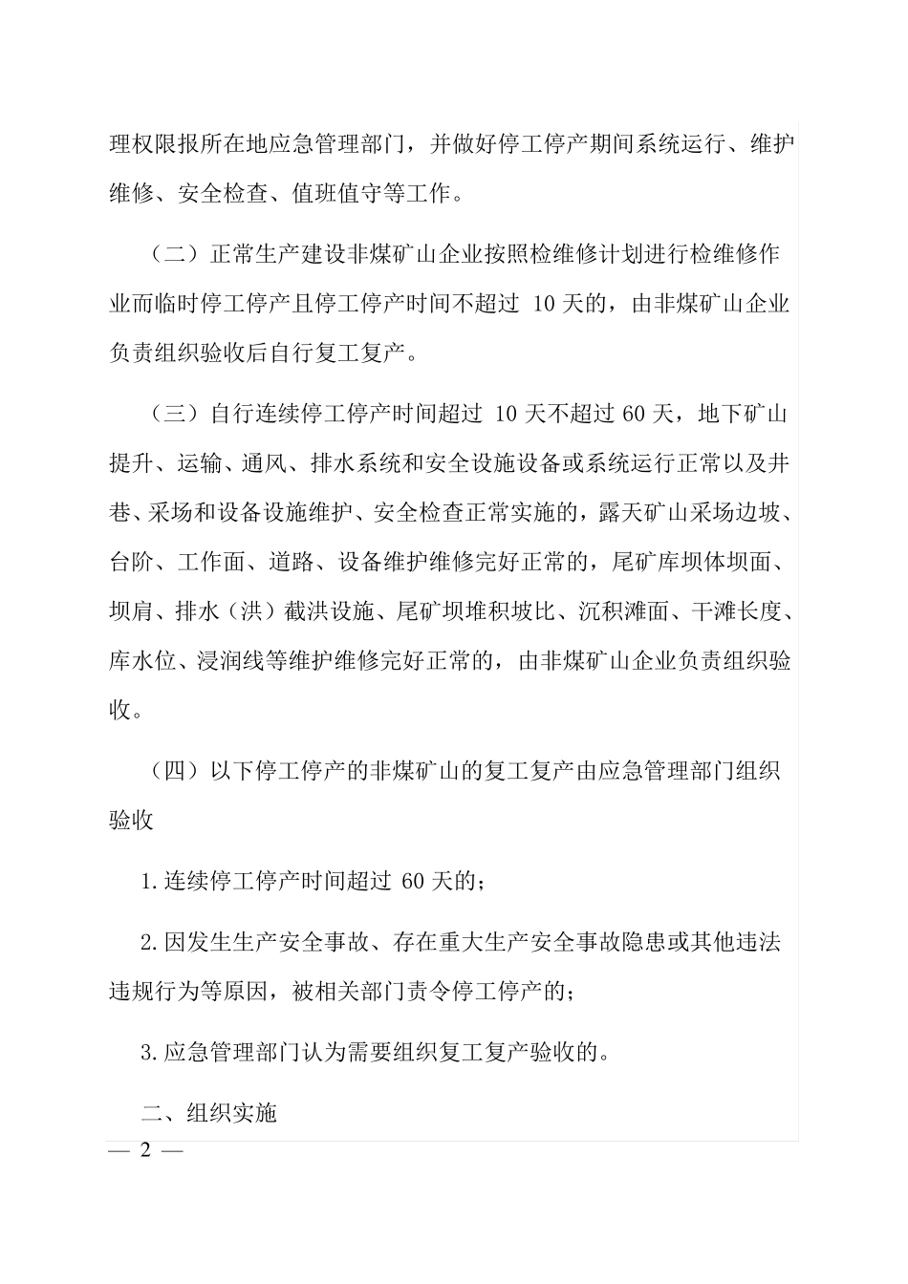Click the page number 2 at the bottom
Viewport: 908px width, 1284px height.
coord(146,1150)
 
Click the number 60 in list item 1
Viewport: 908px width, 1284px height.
coord(413,882)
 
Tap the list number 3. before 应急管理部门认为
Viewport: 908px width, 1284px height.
coord(149,1053)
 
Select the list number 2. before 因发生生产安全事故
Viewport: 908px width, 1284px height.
coord(149,943)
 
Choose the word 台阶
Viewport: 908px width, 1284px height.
coord(132,563)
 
